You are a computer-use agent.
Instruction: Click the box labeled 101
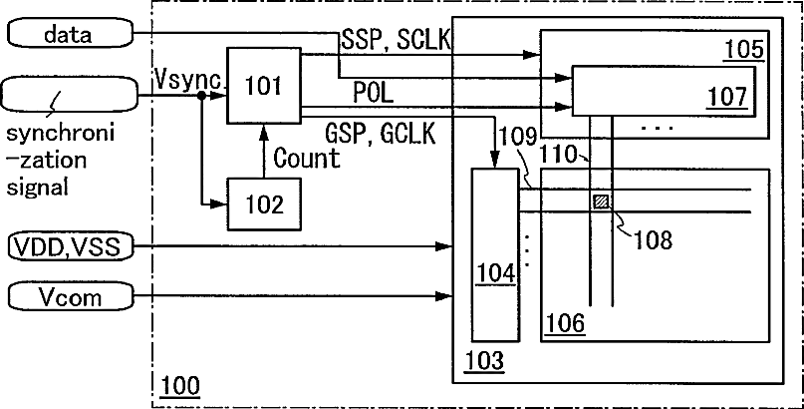click(264, 86)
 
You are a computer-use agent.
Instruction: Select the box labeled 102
click(264, 204)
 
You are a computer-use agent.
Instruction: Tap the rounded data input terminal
click(71, 34)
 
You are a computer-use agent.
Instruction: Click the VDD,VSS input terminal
click(71, 246)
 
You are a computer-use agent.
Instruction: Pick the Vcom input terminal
click(71, 296)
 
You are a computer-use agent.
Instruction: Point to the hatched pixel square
click(601, 202)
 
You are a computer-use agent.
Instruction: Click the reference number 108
click(653, 239)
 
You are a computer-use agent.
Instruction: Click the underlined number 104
click(496, 274)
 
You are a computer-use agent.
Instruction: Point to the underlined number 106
click(565, 323)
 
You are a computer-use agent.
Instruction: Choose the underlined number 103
click(484, 361)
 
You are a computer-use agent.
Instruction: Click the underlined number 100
click(180, 385)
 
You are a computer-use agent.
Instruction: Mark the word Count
click(307, 158)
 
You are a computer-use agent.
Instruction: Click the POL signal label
click(373, 93)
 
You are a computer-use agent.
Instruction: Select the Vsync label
click(187, 80)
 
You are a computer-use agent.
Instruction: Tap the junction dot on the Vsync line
click(202, 96)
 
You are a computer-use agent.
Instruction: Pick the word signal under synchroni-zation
click(38, 187)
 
